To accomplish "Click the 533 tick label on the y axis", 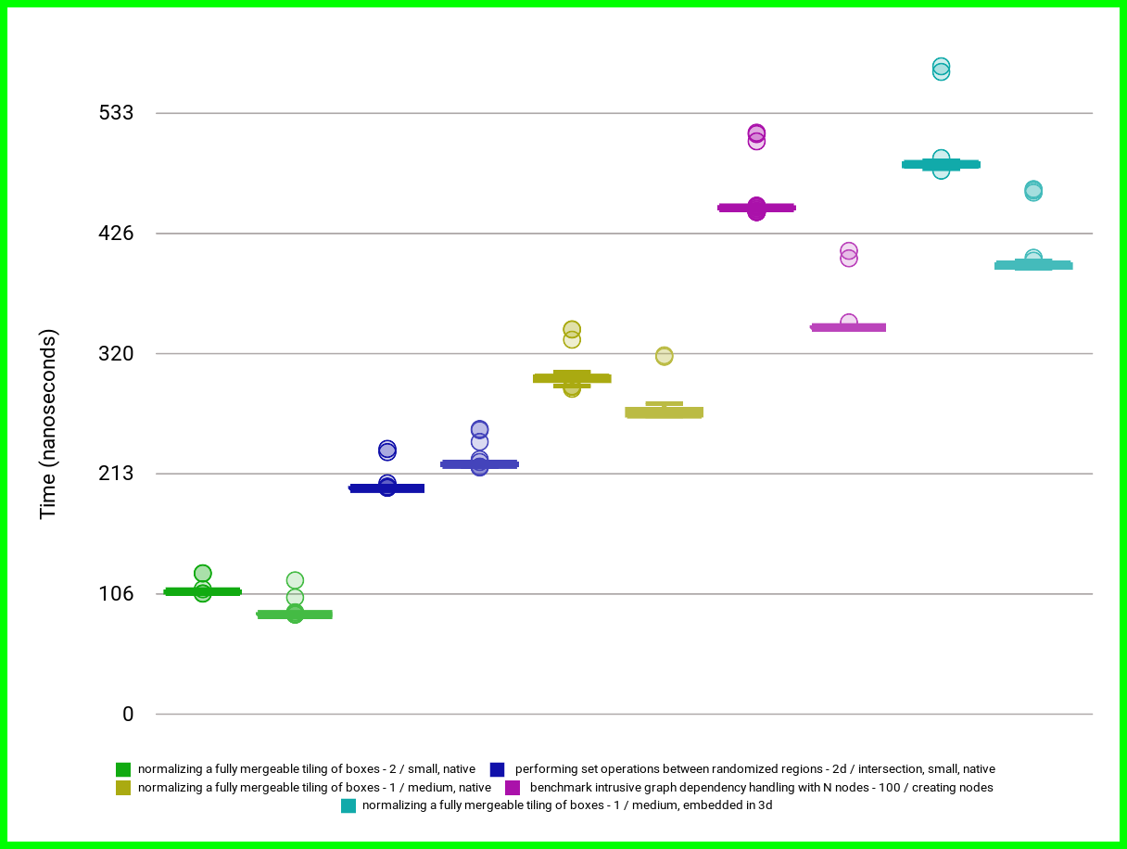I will coord(115,113).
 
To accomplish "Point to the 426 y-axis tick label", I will coord(115,234).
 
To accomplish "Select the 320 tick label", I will coord(115,353).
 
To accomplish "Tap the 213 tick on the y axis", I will coord(115,474).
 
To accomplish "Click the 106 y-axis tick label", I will coord(115,594).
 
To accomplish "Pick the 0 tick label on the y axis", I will coord(127,715).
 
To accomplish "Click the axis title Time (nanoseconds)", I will coord(48,424).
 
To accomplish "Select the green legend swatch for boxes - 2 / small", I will coord(123,769).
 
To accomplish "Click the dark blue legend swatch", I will coord(498,769).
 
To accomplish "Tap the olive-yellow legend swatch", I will coord(123,788).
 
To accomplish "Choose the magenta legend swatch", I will coord(512,788).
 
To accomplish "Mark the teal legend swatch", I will coord(348,805).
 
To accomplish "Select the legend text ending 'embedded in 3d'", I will coord(567,805).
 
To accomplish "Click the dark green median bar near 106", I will coord(202,591).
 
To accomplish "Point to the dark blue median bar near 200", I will coord(386,488).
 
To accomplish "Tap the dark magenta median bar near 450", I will coord(756,208).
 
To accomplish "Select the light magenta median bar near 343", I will coord(848,327).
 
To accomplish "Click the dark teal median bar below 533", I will coord(941,164).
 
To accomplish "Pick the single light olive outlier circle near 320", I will coord(665,356).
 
